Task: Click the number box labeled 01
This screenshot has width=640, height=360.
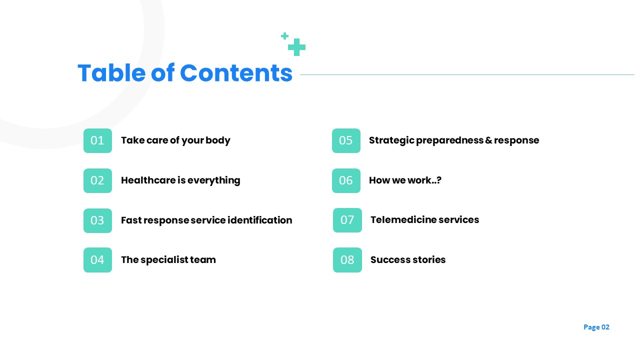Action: click(x=97, y=140)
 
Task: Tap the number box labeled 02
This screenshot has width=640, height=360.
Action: click(x=97, y=180)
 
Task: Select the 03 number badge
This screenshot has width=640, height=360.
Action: click(x=97, y=220)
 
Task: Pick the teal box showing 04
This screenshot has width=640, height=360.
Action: click(x=97, y=260)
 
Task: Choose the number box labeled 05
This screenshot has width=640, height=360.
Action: click(x=346, y=140)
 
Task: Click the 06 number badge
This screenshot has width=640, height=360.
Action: click(x=346, y=180)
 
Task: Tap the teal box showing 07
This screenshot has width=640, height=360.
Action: click(x=347, y=220)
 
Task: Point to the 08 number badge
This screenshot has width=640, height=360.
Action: click(x=347, y=260)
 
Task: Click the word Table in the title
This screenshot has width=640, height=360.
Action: click(x=111, y=73)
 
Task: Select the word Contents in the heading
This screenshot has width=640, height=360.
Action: click(x=236, y=73)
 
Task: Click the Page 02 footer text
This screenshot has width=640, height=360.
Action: click(x=596, y=327)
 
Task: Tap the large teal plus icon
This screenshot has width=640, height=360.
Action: click(x=296, y=47)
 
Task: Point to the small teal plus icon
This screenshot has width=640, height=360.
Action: click(x=284, y=36)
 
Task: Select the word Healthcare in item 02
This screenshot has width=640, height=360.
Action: click(x=148, y=180)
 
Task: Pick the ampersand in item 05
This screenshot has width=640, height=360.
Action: click(x=488, y=140)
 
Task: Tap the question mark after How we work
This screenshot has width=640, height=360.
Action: click(x=439, y=180)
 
